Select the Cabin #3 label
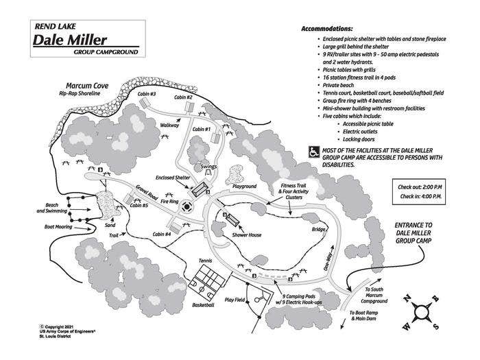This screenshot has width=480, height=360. coord(148,94)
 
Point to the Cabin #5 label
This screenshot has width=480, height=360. coord(139,205)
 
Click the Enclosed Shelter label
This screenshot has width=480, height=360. coord(171,177)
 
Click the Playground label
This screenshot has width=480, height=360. coord(243,186)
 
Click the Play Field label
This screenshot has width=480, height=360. coord(235,300)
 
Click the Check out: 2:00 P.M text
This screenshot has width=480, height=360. coord(420,187)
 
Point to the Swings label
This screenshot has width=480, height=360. coord(209,167)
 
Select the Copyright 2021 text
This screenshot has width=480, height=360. coord(62,326)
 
